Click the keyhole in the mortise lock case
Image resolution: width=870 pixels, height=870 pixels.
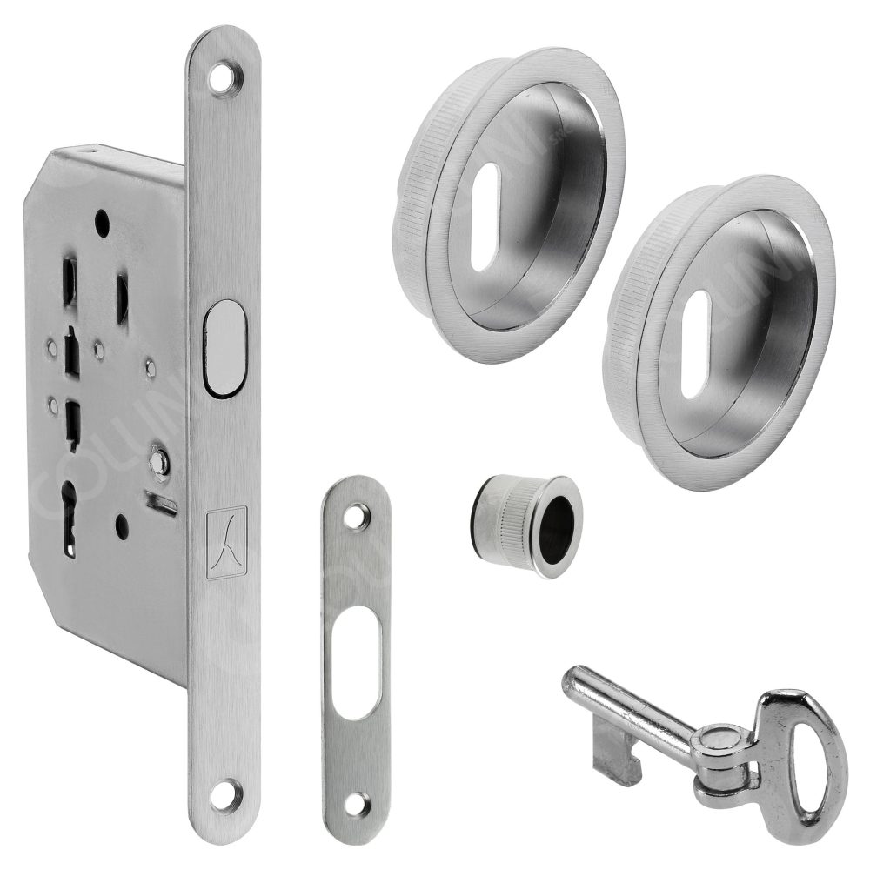(x=70, y=520)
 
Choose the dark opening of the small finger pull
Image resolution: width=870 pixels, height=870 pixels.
(x=559, y=524)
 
